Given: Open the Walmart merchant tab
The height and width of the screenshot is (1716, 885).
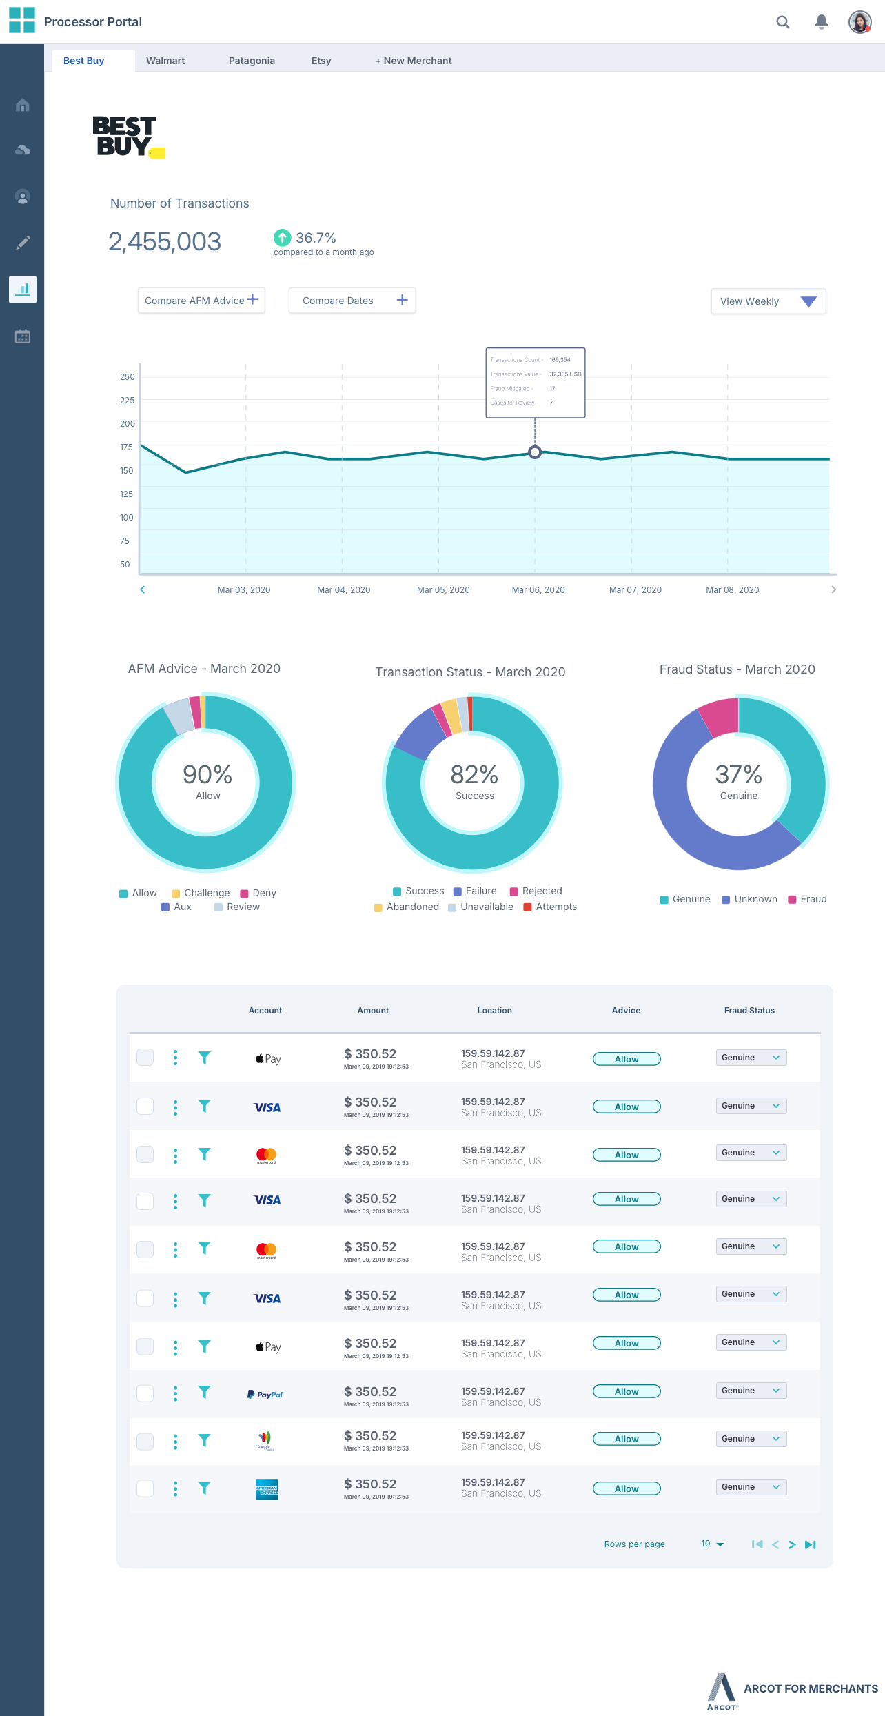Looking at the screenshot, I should click(x=165, y=61).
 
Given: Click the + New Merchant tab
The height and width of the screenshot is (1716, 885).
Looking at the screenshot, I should click(x=413, y=61).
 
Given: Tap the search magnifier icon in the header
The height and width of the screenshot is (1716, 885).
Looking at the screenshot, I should click(x=783, y=22).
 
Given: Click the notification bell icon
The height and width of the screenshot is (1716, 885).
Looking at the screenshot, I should click(x=821, y=22).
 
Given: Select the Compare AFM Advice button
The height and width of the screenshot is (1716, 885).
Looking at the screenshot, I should click(x=201, y=301).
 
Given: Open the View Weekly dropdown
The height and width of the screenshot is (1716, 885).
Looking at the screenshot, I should click(x=768, y=301).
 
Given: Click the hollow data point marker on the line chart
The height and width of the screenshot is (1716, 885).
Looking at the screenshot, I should click(x=535, y=452).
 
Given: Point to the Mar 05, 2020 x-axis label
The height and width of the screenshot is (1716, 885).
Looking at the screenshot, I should click(x=443, y=590).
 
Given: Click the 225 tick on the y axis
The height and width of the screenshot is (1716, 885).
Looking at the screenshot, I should click(x=128, y=401).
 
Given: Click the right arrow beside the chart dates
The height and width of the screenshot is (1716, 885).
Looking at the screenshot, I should click(x=833, y=589).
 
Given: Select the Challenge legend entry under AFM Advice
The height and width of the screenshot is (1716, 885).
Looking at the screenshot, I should click(x=201, y=894).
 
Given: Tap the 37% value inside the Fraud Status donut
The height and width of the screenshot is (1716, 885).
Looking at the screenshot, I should click(x=738, y=775).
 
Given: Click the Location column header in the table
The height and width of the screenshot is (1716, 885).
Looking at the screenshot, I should click(x=494, y=1011).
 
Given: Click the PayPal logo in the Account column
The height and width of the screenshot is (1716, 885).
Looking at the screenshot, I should click(x=265, y=1395).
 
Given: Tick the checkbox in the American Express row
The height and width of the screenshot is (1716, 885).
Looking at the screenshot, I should click(x=145, y=1488).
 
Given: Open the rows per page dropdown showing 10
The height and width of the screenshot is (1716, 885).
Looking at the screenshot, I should click(x=712, y=1544).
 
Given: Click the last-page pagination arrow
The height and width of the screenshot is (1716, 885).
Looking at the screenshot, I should click(x=811, y=1544).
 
